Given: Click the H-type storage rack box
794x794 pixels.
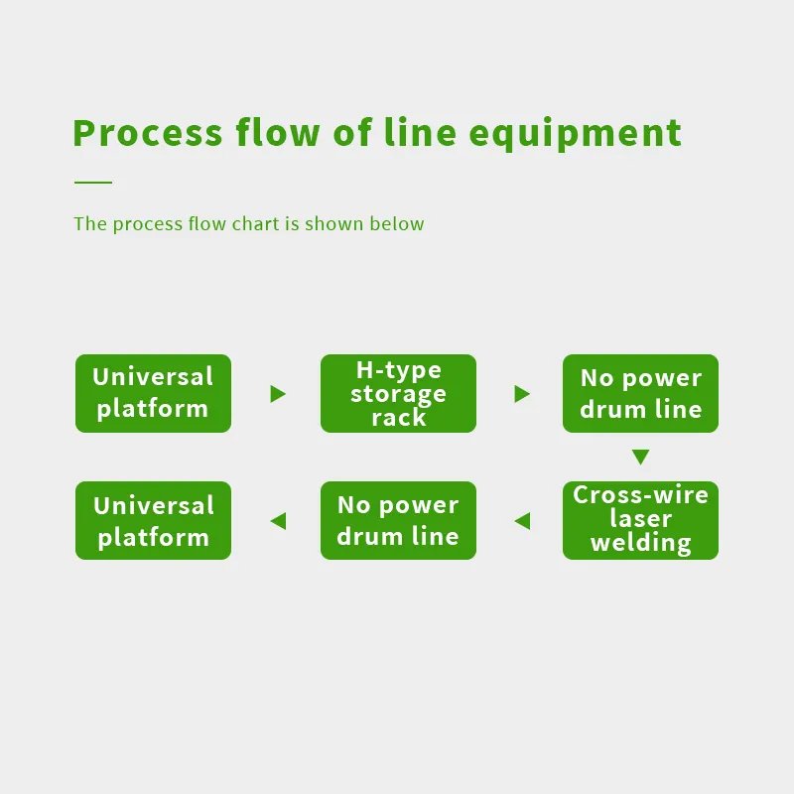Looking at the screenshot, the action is (x=398, y=393).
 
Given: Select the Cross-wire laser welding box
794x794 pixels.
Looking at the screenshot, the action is (x=640, y=520).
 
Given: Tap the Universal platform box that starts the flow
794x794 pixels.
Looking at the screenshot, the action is (x=153, y=393).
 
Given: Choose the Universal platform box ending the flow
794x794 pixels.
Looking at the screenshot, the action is (x=153, y=520).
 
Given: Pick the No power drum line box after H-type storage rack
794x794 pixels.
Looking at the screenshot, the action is (x=640, y=393).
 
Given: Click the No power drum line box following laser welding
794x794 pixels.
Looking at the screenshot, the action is (x=398, y=520).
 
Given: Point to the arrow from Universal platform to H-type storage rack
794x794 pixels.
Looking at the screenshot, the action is (x=278, y=394).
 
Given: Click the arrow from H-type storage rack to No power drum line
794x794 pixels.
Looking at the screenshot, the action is (x=522, y=394).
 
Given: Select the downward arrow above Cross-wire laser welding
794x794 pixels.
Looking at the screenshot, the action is (x=640, y=457).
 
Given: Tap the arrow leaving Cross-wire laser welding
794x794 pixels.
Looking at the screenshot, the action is (x=522, y=521).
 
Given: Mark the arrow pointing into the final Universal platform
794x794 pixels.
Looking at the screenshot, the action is (x=278, y=521).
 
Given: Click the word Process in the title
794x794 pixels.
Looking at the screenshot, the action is (x=148, y=133).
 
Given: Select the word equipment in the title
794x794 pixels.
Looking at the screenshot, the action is (x=576, y=134).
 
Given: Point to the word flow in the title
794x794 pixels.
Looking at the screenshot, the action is (x=278, y=132).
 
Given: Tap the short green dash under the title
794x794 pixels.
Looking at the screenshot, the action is (x=93, y=182).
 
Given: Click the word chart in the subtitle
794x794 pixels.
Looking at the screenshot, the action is (x=255, y=223).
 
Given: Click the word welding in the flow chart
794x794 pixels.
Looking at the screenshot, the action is (x=640, y=542).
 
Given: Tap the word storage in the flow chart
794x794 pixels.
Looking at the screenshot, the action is (x=398, y=394).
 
